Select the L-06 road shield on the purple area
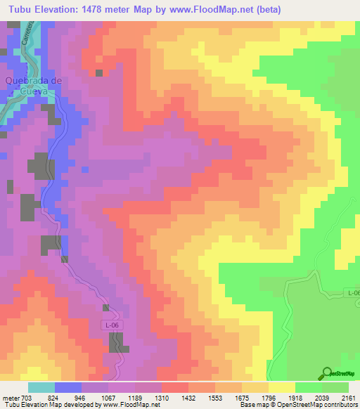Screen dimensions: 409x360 click(x=109, y=325)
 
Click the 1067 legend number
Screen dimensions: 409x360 click(x=110, y=397)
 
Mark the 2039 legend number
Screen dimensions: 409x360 click(x=321, y=397)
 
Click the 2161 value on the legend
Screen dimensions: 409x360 click(x=348, y=397)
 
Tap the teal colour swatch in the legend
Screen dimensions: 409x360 click(x=41, y=387)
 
